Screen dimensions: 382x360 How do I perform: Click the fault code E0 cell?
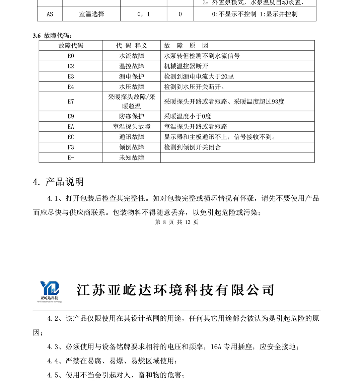click(71, 56)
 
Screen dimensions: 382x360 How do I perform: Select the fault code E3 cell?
click(71, 77)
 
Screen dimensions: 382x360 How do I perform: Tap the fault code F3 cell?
click(71, 147)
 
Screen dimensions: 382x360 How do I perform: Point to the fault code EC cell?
click(71, 137)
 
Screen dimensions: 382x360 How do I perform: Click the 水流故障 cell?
click(132, 56)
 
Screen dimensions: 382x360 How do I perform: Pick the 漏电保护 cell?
click(132, 77)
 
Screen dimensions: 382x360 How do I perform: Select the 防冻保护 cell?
click(132, 117)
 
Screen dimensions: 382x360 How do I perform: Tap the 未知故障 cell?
click(132, 158)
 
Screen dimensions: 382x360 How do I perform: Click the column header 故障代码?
click(71, 46)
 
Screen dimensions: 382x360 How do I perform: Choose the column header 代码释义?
click(132, 46)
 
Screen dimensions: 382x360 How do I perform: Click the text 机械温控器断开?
click(186, 66)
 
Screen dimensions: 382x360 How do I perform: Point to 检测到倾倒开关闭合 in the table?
click(192, 147)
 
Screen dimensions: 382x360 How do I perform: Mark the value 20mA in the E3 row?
click(227, 77)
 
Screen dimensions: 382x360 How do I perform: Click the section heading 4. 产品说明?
click(58, 182)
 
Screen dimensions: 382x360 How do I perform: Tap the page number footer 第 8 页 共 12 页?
click(177, 222)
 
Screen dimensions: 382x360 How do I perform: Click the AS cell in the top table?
click(50, 14)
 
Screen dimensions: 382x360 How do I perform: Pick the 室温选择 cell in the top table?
click(91, 14)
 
